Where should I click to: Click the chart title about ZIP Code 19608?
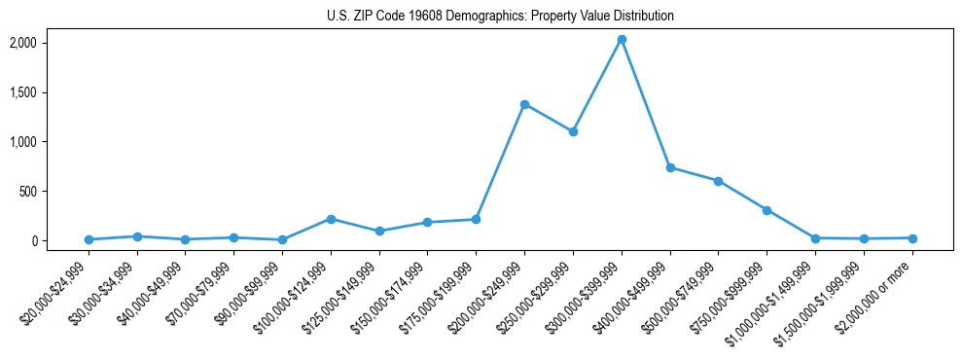pos(500,17)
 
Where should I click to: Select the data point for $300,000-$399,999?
pos(622,40)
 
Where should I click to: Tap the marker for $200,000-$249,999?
pos(524,104)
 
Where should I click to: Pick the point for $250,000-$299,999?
pos(573,131)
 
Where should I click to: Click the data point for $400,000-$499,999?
pos(670,167)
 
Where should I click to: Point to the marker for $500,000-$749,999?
pos(718,181)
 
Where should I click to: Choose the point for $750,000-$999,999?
pos(766,210)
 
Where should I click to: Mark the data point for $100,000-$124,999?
pos(331,219)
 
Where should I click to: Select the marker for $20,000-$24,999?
pos(89,239)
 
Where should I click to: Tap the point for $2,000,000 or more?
pos(912,238)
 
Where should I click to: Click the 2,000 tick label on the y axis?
pos(51,43)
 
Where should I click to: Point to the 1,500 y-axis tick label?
pos(51,92)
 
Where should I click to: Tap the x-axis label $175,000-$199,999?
pos(440,292)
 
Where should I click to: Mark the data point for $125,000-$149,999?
pos(379,231)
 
